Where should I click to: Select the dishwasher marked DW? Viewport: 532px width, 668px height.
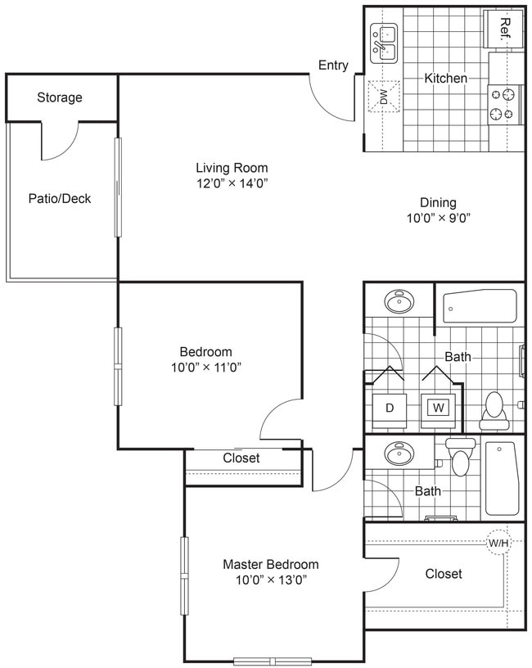383,97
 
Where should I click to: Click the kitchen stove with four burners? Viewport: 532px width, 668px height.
505,104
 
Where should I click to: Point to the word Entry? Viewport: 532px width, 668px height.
333,65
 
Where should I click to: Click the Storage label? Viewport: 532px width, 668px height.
60,97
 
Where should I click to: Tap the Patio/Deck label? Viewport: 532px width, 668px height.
60,198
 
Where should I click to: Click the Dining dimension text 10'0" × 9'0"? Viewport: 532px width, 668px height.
438,218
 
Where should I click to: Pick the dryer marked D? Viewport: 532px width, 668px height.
390,407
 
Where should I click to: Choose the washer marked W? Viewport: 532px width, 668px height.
438,407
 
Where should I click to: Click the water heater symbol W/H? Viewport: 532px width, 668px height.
498,543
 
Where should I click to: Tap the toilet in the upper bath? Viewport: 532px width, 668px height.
494,407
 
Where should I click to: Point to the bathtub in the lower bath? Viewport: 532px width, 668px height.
500,478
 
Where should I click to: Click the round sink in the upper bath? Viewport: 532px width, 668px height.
399,301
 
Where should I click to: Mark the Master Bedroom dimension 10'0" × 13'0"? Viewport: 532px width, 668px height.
271,580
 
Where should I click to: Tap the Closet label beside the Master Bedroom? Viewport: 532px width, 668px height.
444,574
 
